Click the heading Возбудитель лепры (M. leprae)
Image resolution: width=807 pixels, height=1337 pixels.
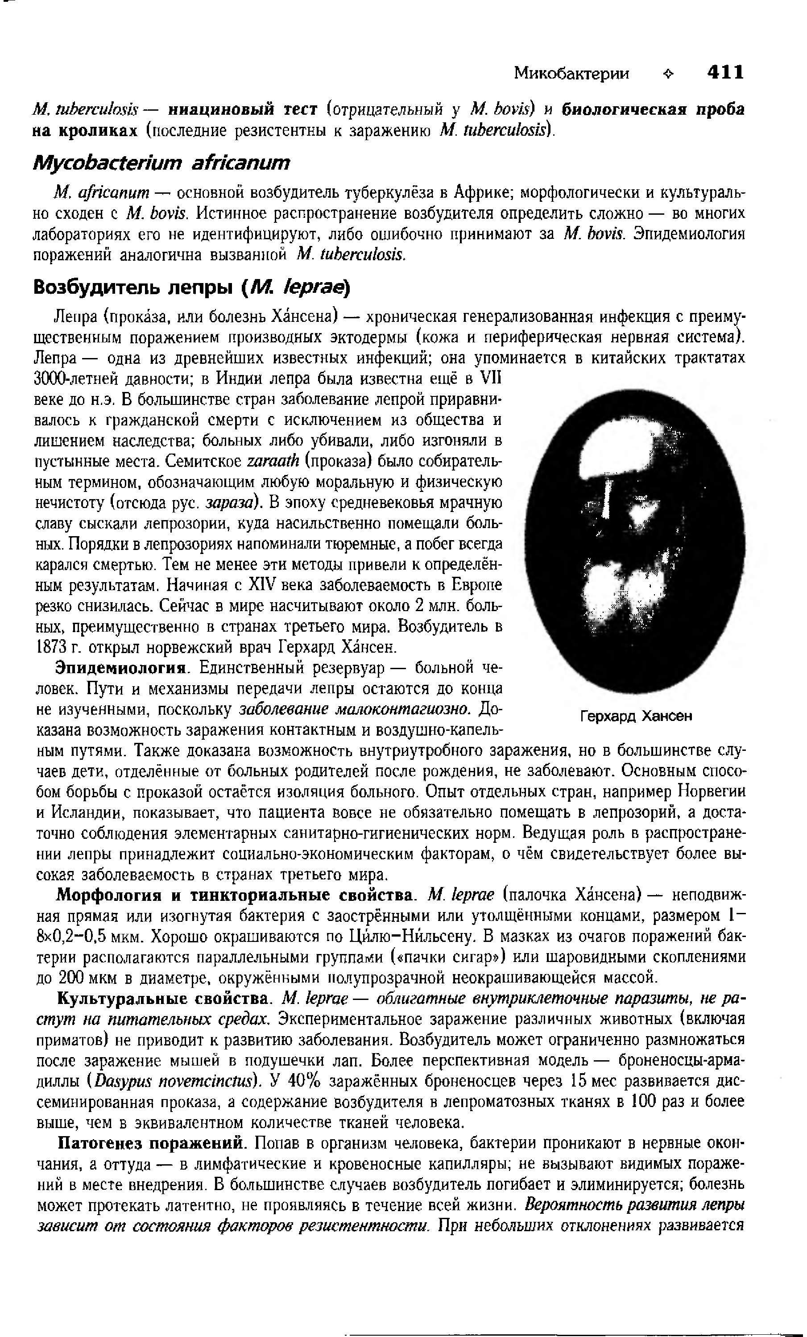point(193,287)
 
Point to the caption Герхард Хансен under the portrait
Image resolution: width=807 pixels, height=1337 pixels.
point(636,716)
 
